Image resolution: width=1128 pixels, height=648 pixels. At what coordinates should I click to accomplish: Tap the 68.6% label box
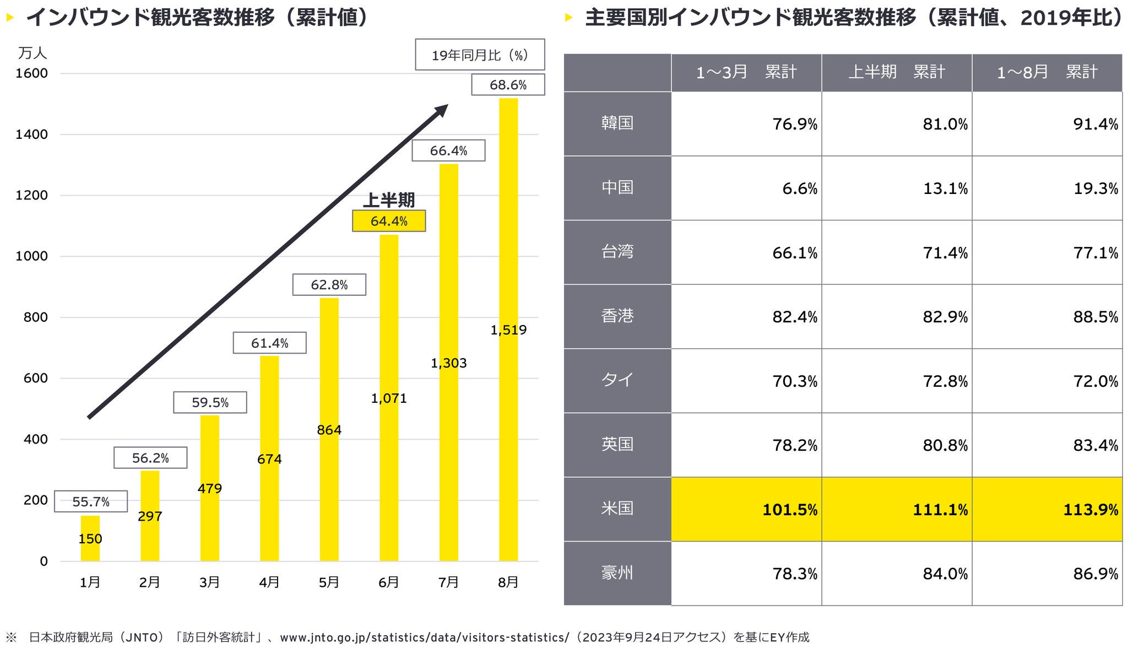pyautogui.click(x=508, y=85)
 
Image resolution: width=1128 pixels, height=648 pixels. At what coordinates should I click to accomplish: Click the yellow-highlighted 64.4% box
pyautogui.click(x=389, y=221)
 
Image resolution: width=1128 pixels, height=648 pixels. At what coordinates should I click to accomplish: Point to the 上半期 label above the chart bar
pyautogui.click(x=389, y=199)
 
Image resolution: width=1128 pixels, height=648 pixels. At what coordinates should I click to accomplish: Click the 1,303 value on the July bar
pyautogui.click(x=448, y=363)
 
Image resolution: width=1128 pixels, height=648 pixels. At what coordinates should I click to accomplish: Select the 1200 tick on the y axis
pyautogui.click(x=31, y=195)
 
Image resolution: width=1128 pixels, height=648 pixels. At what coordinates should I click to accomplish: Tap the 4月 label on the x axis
pyautogui.click(x=269, y=582)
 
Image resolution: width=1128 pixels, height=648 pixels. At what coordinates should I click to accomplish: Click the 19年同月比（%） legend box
pyautogui.click(x=480, y=55)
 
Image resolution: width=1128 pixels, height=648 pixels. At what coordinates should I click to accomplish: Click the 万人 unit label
pyautogui.click(x=32, y=53)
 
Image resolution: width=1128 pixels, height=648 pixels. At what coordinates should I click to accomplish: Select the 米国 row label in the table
pyautogui.click(x=617, y=509)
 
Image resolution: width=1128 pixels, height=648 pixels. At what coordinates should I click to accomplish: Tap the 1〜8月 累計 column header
pyautogui.click(x=1047, y=72)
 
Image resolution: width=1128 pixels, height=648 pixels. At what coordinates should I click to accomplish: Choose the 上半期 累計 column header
pyautogui.click(x=897, y=72)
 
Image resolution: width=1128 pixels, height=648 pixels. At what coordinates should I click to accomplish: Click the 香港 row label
pyautogui.click(x=617, y=316)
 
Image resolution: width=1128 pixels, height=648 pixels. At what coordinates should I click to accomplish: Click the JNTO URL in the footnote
pyautogui.click(x=425, y=638)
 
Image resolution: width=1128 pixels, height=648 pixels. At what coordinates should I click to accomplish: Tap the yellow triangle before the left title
pyautogui.click(x=9, y=18)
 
